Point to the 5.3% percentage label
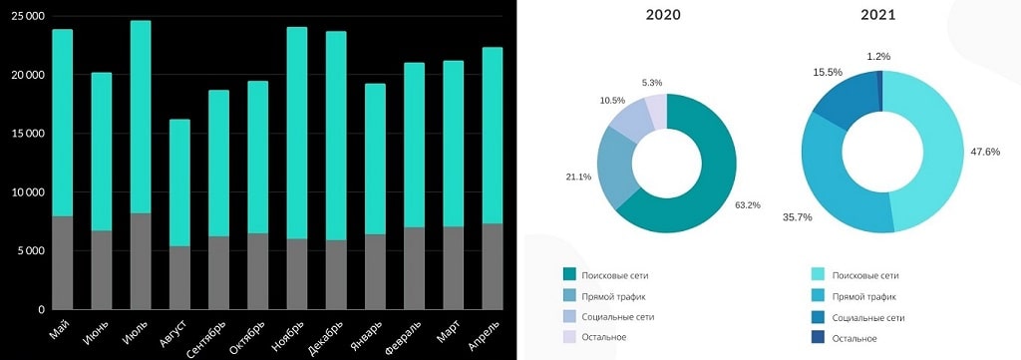651,83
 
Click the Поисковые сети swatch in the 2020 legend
569,274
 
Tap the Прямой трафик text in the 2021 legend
865,296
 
